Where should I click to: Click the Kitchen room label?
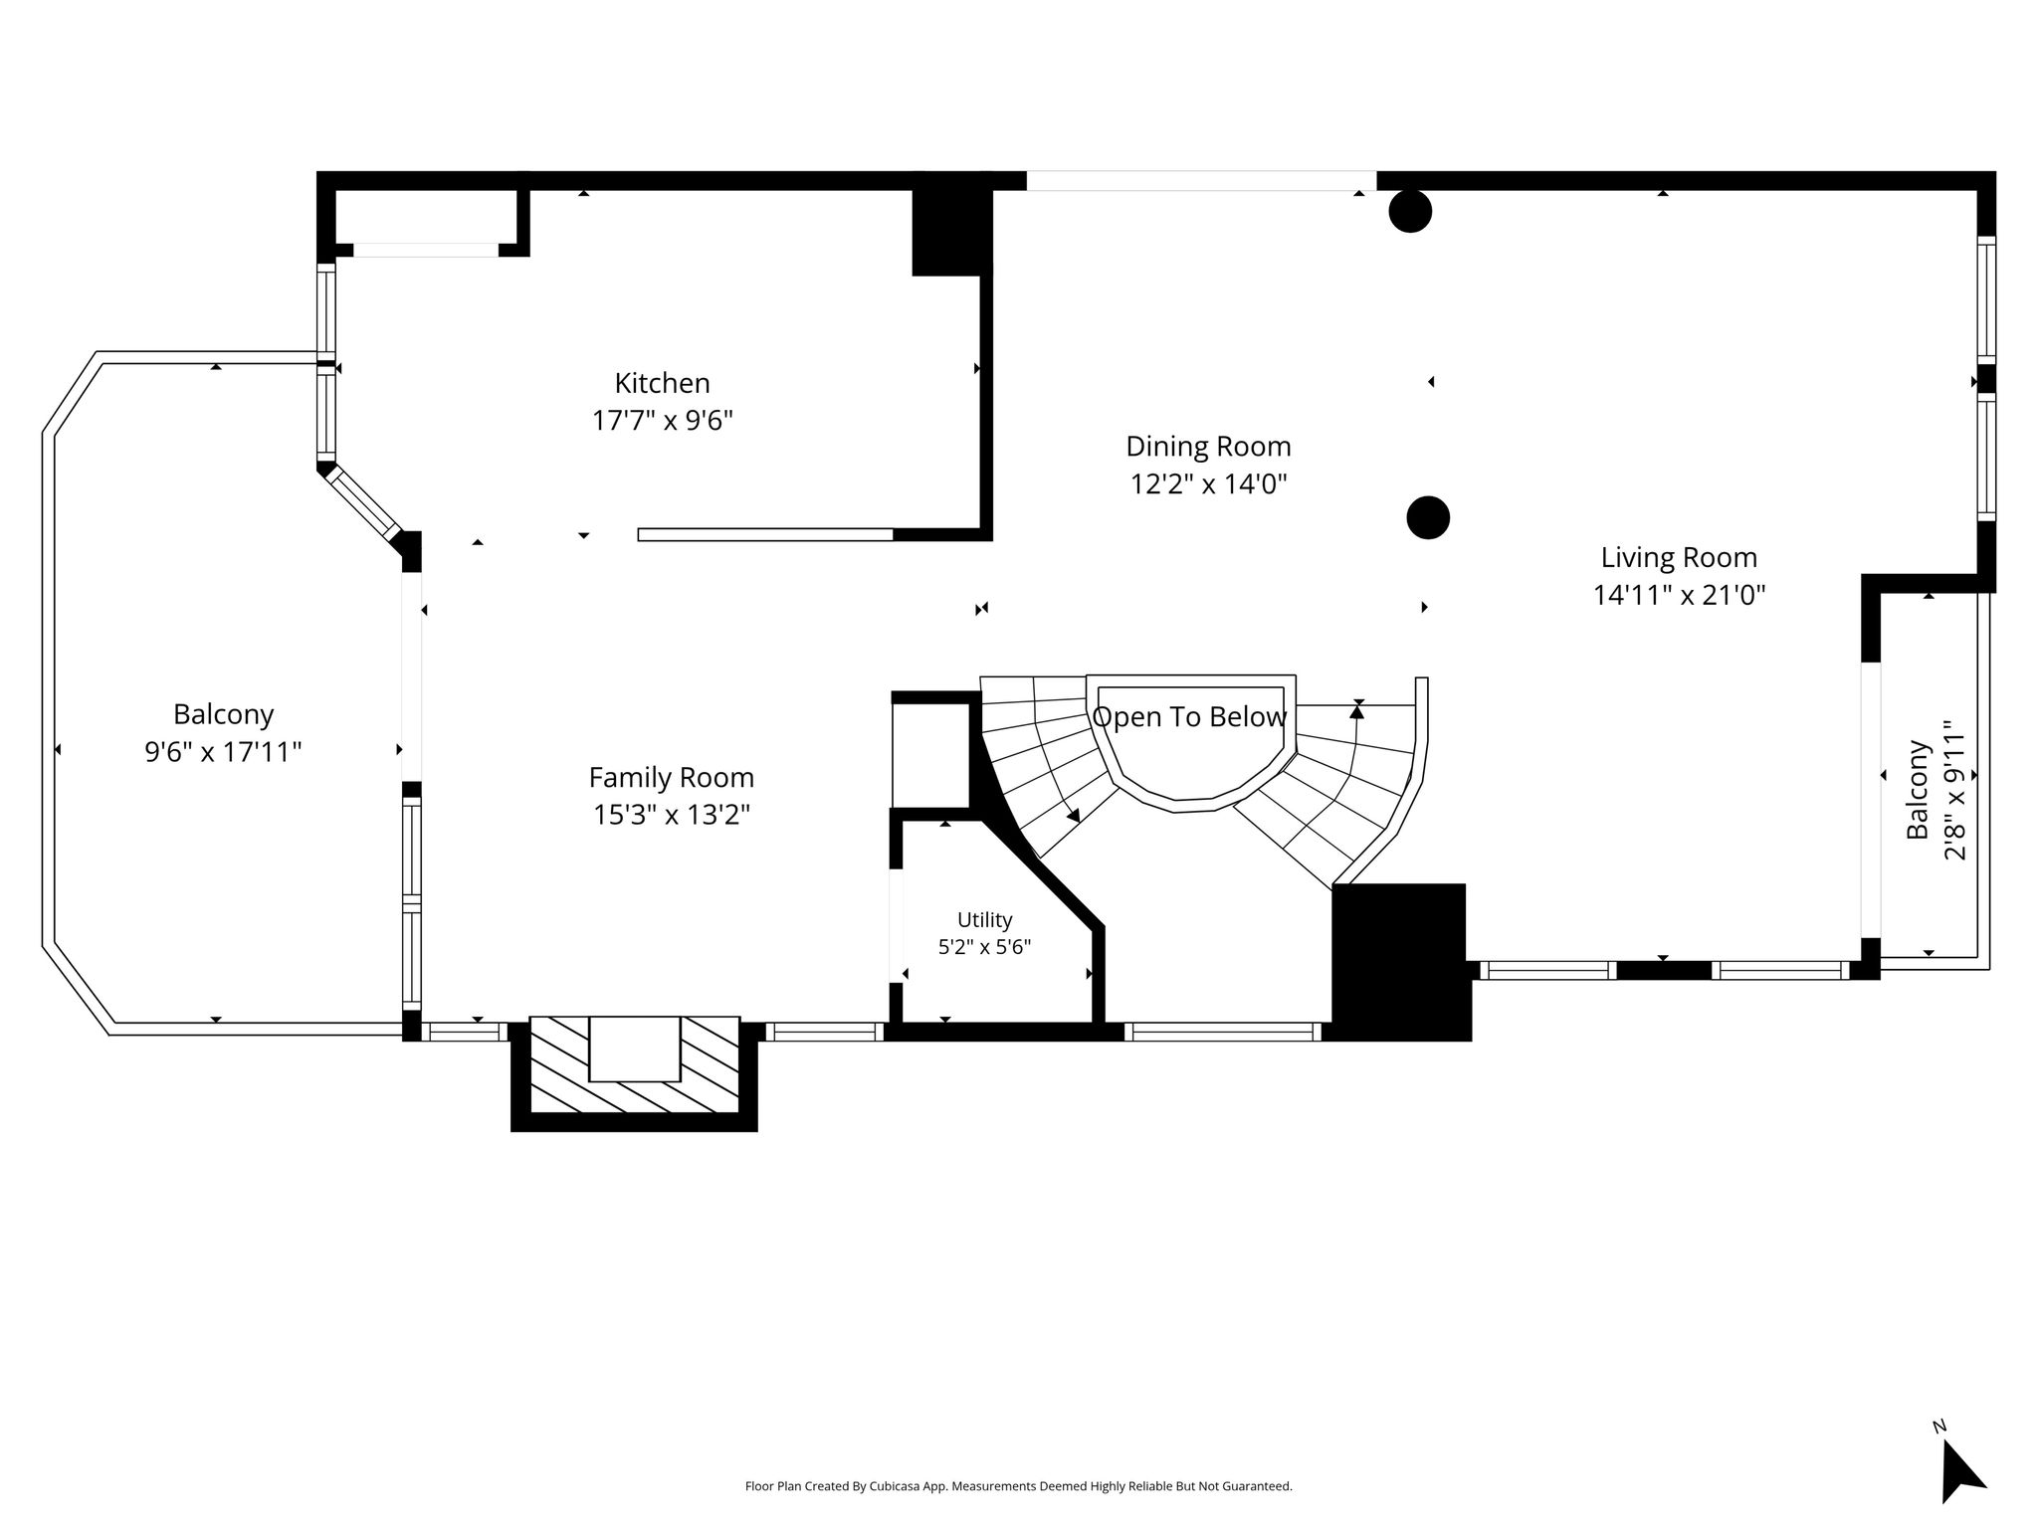662,383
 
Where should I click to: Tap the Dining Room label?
1208,447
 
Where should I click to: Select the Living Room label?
1679,558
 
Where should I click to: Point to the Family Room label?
672,777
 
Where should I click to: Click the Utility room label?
984,920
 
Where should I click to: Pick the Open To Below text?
1190,717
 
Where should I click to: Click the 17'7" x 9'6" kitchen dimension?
663,421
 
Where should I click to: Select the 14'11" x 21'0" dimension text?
1679,595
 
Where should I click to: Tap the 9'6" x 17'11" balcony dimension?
223,751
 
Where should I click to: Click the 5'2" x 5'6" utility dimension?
984,947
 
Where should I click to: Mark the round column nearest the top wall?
1410,211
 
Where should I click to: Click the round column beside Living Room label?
1428,517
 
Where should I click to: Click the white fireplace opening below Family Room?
635,1049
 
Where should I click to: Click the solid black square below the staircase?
1400,961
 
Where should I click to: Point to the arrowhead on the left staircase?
1073,815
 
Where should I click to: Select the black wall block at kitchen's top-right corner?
951,230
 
